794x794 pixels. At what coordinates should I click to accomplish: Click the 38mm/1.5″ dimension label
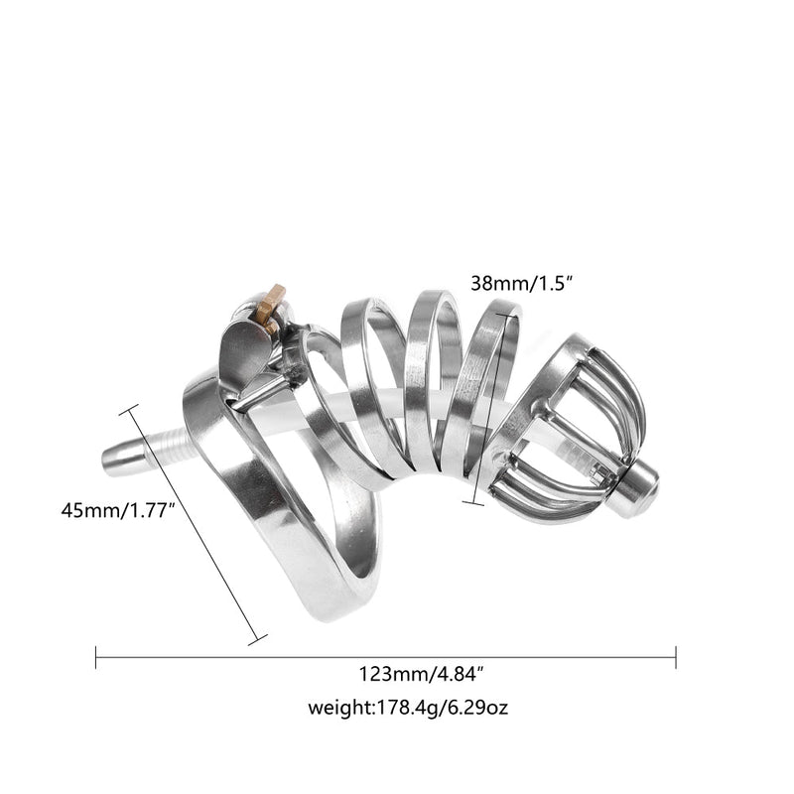pos(521,283)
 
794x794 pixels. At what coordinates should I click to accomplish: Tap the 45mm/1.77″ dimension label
pos(118,510)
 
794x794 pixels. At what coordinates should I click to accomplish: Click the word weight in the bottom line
pos(340,708)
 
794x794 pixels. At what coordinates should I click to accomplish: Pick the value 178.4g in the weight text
pos(406,708)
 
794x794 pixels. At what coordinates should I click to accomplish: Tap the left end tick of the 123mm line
pos(95,657)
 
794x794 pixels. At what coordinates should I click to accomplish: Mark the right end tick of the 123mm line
pos(676,657)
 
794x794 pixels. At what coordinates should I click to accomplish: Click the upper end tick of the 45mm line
pos(128,410)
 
